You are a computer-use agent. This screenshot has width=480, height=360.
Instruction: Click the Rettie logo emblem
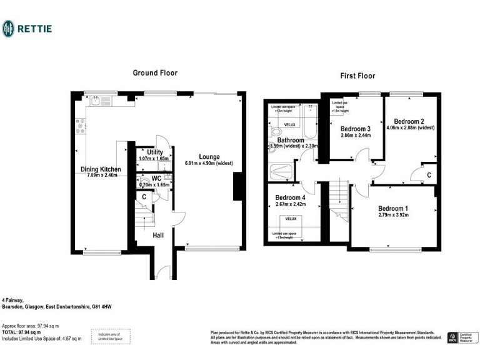tap(9, 28)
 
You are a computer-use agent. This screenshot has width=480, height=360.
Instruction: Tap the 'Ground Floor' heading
tap(154, 73)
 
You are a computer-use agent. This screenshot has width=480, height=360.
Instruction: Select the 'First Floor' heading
tap(357, 76)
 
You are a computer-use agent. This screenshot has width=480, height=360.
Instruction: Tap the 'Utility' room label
tap(155, 152)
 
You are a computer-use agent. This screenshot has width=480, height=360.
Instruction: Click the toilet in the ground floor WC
tap(143, 183)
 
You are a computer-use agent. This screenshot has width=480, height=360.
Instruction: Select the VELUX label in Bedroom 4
tap(291, 219)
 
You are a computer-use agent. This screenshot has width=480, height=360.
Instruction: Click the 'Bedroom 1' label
tap(393, 209)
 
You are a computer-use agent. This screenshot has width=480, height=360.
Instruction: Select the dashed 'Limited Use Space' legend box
tap(111, 336)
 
